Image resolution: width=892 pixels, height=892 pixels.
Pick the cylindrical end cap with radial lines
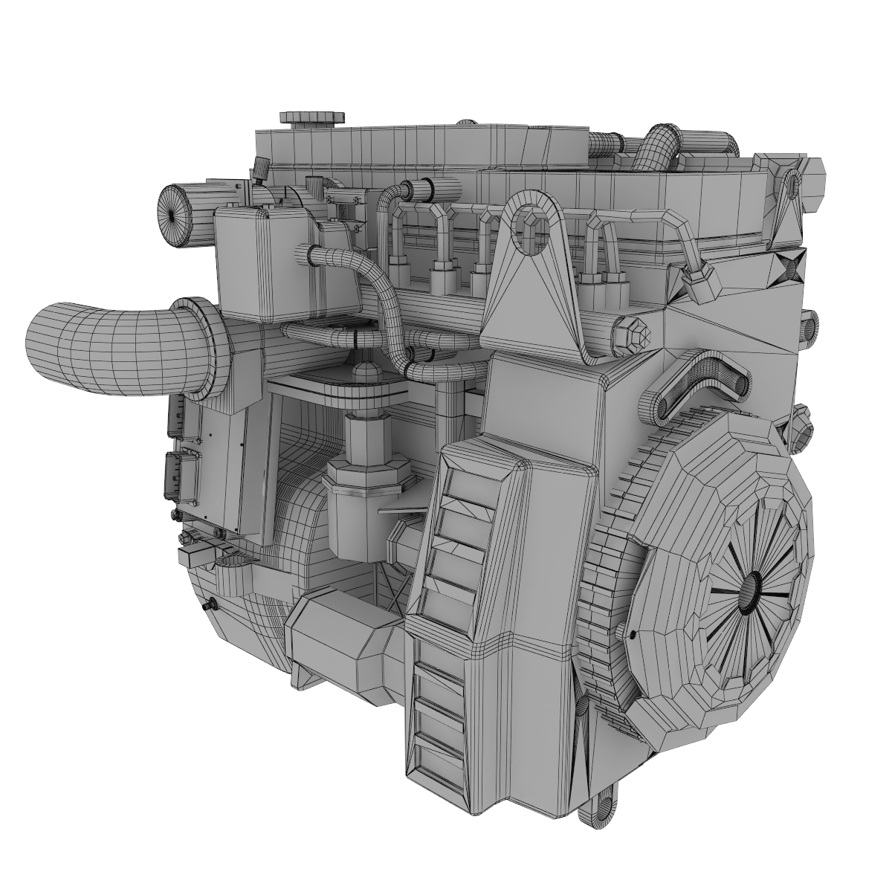coord(172,214)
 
